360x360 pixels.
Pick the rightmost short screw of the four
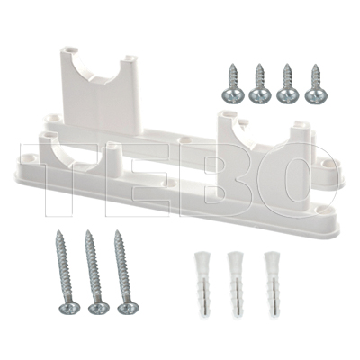click(316, 85)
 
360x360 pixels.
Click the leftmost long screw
click(64, 272)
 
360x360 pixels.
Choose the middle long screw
click(94, 272)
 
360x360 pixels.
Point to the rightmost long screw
click(122, 272)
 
